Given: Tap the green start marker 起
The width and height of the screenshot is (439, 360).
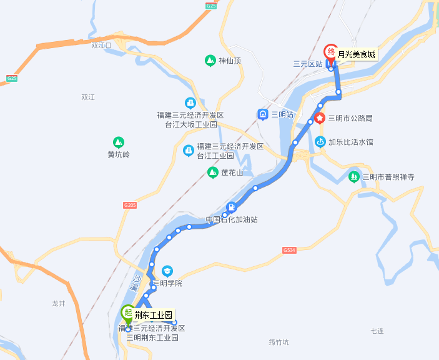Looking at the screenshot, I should click(127, 312).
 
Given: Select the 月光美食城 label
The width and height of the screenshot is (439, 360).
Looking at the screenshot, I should click(357, 54).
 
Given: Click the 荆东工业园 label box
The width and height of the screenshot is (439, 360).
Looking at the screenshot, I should click(153, 315).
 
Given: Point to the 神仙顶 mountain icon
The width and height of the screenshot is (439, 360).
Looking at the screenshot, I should click(210, 61).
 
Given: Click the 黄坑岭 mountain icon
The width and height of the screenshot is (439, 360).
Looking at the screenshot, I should click(118, 142).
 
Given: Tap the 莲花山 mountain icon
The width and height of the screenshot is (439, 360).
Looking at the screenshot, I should click(212, 172).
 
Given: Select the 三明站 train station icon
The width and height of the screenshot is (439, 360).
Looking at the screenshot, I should click(263, 114).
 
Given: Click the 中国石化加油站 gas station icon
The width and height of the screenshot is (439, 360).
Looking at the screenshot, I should click(232, 207).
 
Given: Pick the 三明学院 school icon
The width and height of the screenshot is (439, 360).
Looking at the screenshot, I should click(167, 271).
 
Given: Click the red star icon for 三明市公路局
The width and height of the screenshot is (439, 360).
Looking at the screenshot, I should click(320, 117).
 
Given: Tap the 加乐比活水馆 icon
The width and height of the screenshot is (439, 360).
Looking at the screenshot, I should click(320, 141).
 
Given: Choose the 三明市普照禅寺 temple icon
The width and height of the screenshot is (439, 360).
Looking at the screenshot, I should click(354, 177).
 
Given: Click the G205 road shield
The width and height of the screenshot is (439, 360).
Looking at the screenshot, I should click(130, 205).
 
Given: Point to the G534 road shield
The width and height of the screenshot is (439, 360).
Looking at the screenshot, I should click(289, 249).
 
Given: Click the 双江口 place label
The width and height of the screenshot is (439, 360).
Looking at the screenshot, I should click(101, 46).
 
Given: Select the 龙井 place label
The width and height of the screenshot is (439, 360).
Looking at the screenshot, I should click(59, 303).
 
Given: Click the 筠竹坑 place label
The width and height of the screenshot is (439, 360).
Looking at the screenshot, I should click(279, 342).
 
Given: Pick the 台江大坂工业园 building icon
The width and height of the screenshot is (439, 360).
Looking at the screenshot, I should click(190, 103).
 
